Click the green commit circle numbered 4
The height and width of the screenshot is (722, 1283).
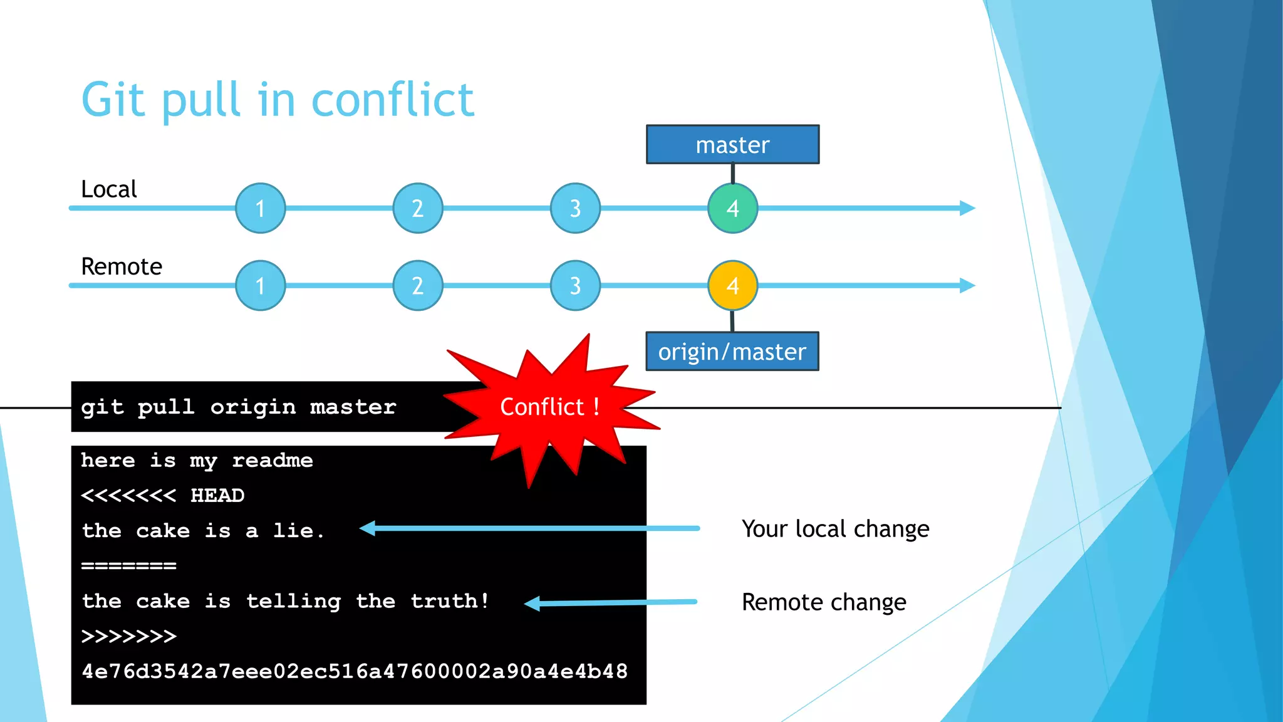[x=732, y=208]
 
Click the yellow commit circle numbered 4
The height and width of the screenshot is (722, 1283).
[x=732, y=286]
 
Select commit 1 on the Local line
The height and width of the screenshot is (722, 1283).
[x=260, y=208]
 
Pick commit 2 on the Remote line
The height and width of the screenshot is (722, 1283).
[x=418, y=286]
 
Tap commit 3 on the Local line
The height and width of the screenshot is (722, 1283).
[x=575, y=208]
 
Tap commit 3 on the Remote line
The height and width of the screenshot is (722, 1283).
[x=575, y=286]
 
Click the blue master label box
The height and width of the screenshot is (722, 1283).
[x=732, y=145]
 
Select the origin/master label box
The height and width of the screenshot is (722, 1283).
[x=732, y=352]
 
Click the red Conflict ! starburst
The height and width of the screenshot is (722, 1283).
[x=549, y=407]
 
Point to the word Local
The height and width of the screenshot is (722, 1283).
[x=108, y=189]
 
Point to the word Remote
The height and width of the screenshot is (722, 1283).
[x=122, y=267]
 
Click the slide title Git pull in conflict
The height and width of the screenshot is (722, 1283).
[x=278, y=100]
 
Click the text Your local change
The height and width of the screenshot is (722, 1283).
[x=835, y=529]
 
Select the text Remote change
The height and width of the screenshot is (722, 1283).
[x=824, y=602]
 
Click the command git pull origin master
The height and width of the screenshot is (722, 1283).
[x=238, y=407]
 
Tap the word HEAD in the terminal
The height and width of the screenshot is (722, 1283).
[x=217, y=496]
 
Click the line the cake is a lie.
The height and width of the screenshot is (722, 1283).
[x=203, y=531]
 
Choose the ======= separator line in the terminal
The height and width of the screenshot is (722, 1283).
[x=129, y=566]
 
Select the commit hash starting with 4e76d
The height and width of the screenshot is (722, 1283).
[x=355, y=671]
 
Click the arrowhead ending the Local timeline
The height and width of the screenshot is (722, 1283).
[x=967, y=208]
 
